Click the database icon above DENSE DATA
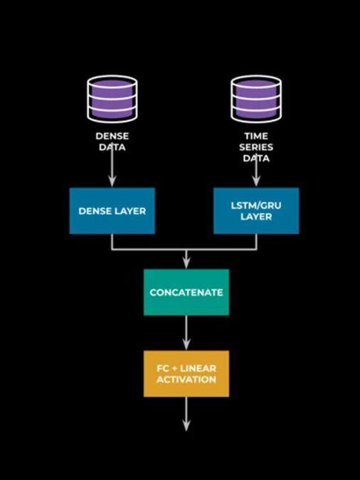[112, 99]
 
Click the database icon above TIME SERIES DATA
[256, 99]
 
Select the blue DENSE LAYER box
[112, 211]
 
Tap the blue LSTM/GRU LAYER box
[256, 211]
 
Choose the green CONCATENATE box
[186, 292]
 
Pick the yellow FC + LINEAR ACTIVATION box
[186, 373]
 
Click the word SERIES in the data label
[256, 147]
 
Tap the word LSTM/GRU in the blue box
[256, 205]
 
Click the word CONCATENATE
[186, 292]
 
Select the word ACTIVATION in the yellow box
[187, 380]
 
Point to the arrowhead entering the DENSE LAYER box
[112, 183]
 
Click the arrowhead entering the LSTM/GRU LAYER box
[256, 183]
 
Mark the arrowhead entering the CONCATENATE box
[186, 264]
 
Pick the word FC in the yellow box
[163, 368]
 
